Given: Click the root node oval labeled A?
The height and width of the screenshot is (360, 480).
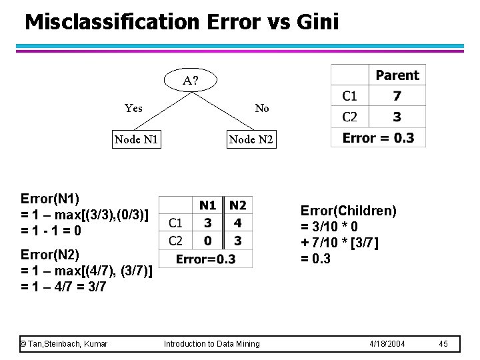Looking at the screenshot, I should (x=191, y=81).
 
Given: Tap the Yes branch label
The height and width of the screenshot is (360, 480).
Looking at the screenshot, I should (x=133, y=108).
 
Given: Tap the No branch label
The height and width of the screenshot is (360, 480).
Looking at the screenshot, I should (x=262, y=108).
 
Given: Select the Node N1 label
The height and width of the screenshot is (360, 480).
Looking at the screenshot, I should (x=135, y=139).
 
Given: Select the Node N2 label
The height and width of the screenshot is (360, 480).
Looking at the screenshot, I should (x=251, y=139).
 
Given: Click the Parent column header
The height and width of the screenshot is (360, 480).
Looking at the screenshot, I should (x=397, y=75).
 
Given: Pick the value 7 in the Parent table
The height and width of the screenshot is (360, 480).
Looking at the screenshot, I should (x=397, y=97).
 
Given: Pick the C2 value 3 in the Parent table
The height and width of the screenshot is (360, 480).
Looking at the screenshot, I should (x=397, y=117).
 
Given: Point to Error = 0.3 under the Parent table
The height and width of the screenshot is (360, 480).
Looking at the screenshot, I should (x=378, y=138).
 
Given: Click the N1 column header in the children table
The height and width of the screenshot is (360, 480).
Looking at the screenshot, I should (x=208, y=205).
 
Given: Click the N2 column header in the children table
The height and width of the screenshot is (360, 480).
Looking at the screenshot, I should (x=237, y=205).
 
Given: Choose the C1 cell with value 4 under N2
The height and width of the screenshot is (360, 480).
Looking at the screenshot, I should (x=238, y=223).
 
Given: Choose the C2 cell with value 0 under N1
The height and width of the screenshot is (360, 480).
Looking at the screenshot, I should (x=208, y=241).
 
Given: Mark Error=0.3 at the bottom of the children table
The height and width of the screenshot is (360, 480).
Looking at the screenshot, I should (x=206, y=259).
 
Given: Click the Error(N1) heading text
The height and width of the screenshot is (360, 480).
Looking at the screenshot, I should (x=50, y=199).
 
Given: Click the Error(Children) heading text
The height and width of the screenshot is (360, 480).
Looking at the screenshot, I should (x=348, y=211).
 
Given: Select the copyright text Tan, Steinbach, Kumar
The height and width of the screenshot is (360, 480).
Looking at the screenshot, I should (x=65, y=343).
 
